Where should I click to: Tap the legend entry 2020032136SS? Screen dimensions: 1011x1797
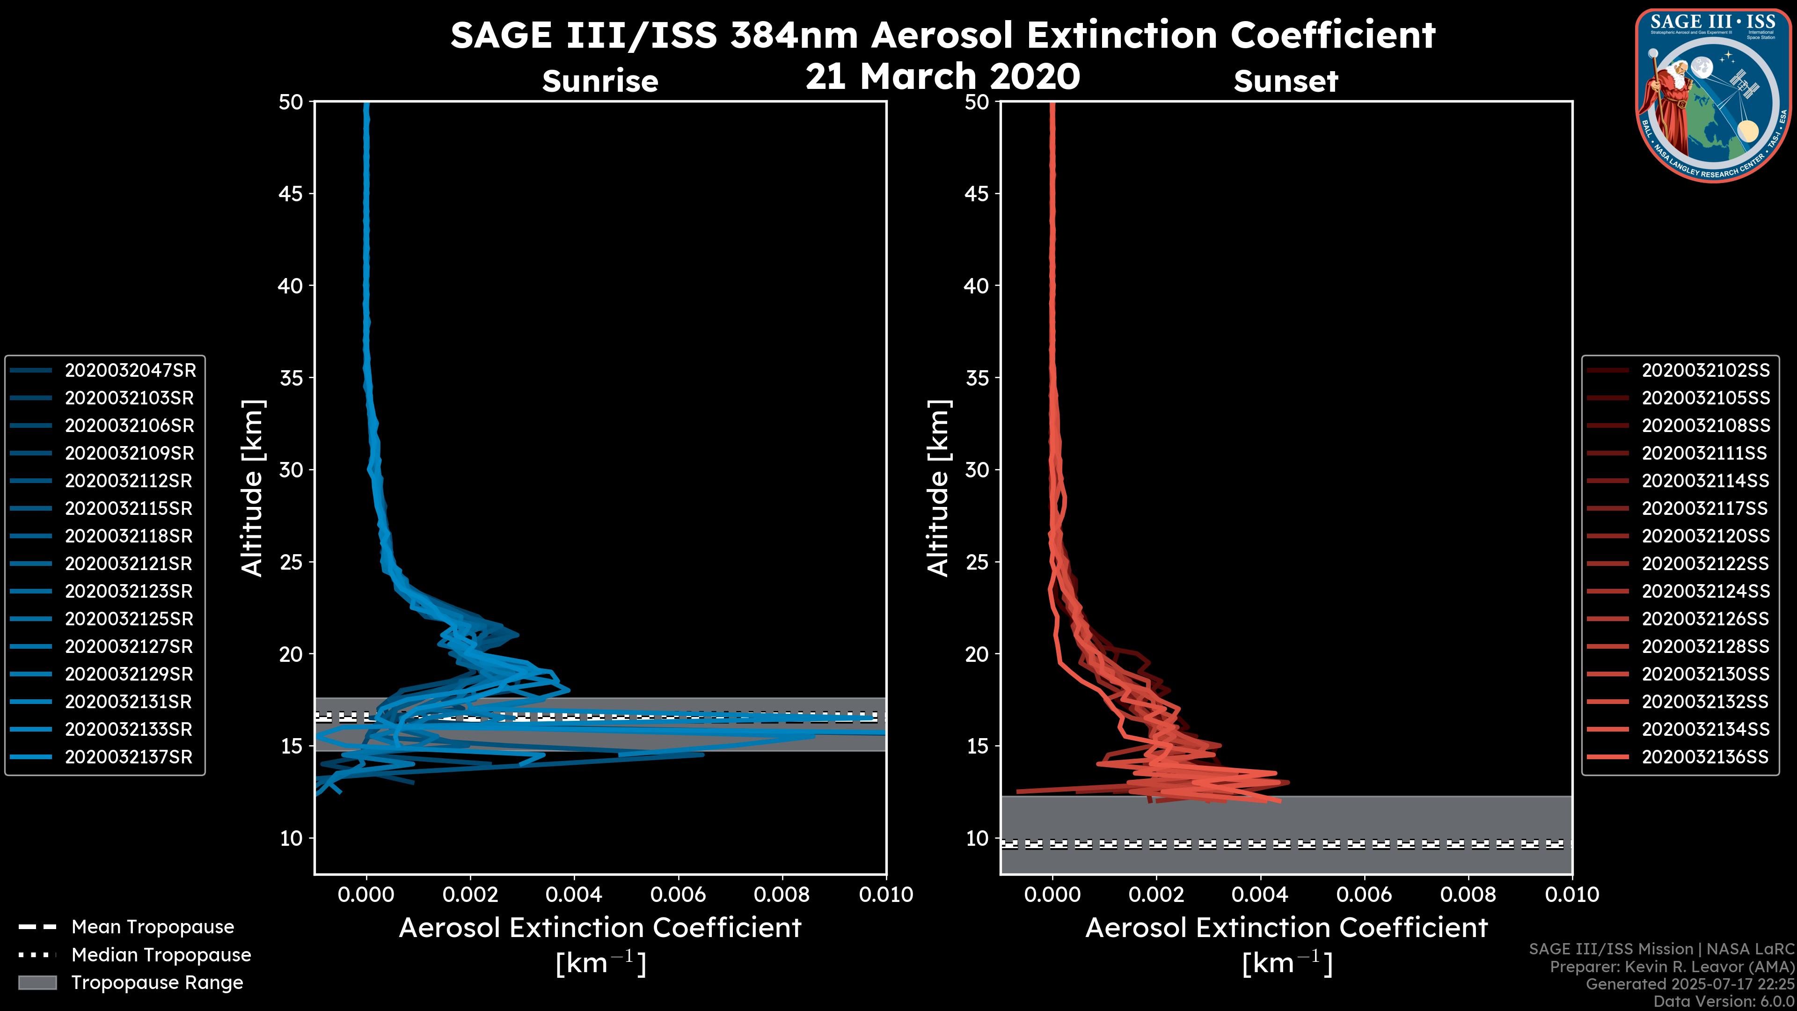tap(1705, 757)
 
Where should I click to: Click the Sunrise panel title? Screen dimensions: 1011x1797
tap(600, 81)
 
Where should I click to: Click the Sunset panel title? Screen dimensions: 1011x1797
tap(1286, 81)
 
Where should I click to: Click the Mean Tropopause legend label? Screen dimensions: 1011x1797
tap(153, 927)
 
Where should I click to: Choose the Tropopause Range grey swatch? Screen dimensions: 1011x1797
tap(37, 982)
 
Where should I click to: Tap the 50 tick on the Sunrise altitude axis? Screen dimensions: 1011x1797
tap(291, 102)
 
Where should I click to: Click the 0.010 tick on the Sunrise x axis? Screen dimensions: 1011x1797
tap(886, 894)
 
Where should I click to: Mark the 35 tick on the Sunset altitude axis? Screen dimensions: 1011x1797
tap(977, 378)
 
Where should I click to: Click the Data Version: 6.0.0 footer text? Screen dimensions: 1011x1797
tap(1724, 1001)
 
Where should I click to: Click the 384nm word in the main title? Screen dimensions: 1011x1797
tap(793, 35)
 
